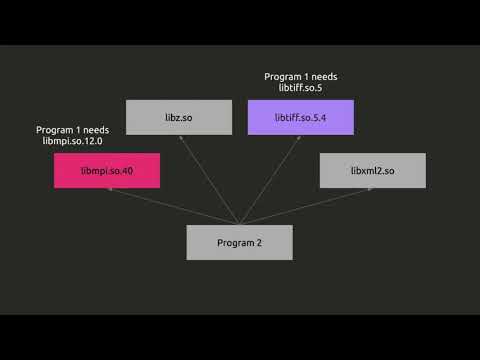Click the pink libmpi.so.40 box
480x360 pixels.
click(107, 171)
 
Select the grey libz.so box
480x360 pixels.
click(178, 117)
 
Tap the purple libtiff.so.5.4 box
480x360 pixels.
click(300, 117)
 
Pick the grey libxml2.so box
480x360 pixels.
click(372, 171)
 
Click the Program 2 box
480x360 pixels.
click(239, 242)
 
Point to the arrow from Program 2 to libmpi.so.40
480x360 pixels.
click(170, 206)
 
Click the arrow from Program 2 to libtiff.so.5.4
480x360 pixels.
click(269, 175)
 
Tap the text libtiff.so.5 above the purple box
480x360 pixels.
click(300, 88)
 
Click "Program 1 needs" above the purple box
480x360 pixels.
click(300, 76)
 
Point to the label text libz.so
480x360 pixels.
click(178, 117)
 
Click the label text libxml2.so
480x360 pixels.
click(372, 171)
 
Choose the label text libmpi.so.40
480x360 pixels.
click(107, 171)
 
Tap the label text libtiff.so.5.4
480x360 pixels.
click(300, 117)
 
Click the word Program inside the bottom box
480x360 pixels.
click(234, 243)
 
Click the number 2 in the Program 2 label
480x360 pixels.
click(259, 243)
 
